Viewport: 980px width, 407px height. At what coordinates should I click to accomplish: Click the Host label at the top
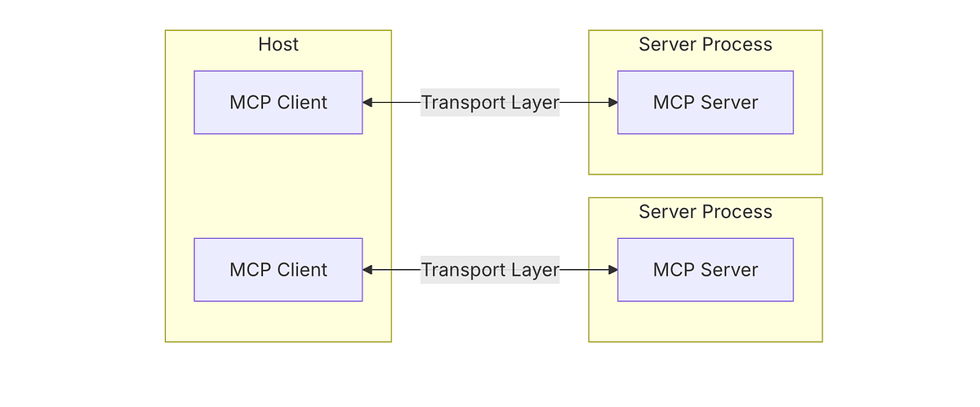278,44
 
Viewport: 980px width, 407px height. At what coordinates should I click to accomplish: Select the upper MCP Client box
278,103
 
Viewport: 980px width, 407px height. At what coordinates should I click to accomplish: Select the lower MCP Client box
278,270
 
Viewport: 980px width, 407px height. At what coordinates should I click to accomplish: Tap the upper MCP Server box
705,103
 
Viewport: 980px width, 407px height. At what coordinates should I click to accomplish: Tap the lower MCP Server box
705,270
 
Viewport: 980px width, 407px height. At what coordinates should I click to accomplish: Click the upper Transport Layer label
490,103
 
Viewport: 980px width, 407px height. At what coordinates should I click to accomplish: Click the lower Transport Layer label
490,270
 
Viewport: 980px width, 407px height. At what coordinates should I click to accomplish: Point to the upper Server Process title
705,44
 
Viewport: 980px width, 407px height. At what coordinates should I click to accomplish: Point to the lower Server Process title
705,212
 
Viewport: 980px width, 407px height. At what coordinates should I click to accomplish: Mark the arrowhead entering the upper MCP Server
612,103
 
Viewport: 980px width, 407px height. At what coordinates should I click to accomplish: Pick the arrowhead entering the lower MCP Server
612,270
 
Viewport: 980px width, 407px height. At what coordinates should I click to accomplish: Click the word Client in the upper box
301,103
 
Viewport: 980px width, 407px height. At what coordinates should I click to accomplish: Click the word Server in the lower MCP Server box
730,270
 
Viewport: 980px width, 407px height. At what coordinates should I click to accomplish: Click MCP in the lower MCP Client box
250,270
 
